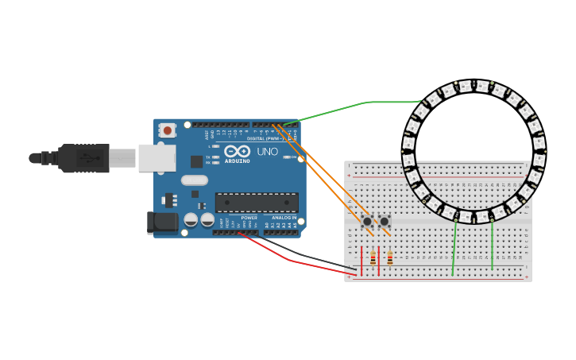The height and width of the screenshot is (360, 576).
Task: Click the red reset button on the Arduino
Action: pyautogui.click(x=167, y=130)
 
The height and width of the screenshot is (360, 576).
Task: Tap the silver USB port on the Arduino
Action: pyautogui.click(x=157, y=157)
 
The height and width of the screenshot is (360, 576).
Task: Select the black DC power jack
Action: pyautogui.click(x=163, y=223)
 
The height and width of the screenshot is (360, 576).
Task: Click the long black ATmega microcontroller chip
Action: pyautogui.click(x=257, y=203)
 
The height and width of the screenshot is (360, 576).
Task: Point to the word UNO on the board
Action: pyautogui.click(x=267, y=152)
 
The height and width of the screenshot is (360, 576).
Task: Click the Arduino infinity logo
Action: pyautogui.click(x=237, y=151)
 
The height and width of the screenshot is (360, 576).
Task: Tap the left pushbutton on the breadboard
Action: pyautogui.click(x=367, y=221)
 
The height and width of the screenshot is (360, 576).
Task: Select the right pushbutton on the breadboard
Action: pyautogui.click(x=385, y=221)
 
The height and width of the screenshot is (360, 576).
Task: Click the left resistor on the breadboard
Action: pyautogui.click(x=373, y=257)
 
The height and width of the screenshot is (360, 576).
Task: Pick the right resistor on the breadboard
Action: pyautogui.click(x=390, y=257)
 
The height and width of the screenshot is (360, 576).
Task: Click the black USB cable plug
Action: pyautogui.click(x=84, y=158)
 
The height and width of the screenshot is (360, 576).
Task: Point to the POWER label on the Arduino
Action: pyautogui.click(x=249, y=218)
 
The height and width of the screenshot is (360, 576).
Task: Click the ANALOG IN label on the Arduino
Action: pyautogui.click(x=284, y=218)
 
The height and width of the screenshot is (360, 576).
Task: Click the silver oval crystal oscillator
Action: pyautogui.click(x=194, y=180)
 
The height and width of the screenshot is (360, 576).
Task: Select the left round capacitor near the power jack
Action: pyautogui.click(x=191, y=219)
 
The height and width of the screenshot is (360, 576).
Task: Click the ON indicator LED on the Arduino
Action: pyautogui.click(x=288, y=157)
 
